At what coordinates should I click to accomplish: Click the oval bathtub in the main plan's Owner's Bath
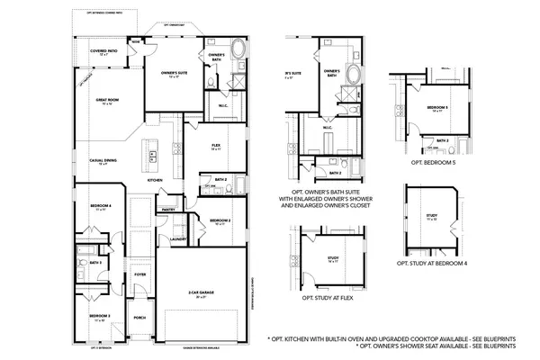click(238, 48)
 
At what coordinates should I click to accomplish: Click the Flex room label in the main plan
click(216, 145)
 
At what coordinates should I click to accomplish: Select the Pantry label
click(167, 209)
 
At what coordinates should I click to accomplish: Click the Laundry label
click(178, 238)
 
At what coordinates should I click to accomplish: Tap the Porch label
click(139, 317)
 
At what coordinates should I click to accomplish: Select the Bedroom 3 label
click(99, 317)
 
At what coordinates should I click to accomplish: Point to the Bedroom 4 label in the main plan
click(101, 206)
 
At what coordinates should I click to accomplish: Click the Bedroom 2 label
click(221, 220)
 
